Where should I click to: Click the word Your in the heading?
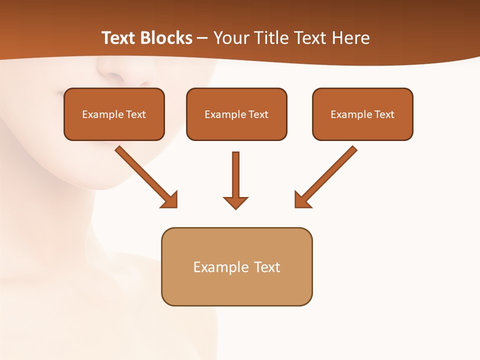click(x=231, y=38)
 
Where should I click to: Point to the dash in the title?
click(x=202, y=38)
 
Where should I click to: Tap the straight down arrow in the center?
click(x=235, y=175)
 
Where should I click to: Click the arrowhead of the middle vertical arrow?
click(x=235, y=202)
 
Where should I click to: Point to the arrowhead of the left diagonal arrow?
click(x=170, y=200)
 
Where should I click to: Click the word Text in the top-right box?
click(x=384, y=114)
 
